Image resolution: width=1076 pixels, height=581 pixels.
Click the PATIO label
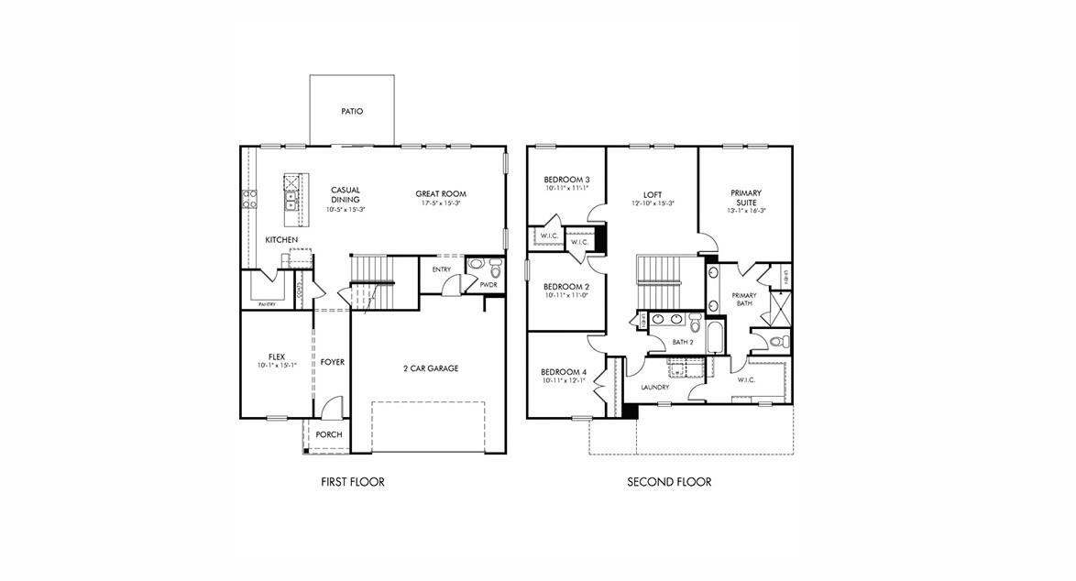pos(352,111)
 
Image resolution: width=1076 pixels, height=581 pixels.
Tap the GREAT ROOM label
pos(441,193)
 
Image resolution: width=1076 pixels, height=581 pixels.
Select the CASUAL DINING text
pos(345,194)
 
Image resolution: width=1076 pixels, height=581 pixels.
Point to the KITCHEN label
pos(281,240)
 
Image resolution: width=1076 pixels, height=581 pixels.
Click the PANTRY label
pos(267,304)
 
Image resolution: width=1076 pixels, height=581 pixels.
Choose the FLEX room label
pos(277,356)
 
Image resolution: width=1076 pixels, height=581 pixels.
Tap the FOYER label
pos(333,362)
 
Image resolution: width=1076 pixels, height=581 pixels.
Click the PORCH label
pos(329,434)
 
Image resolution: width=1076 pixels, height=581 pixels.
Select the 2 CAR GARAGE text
pos(431,368)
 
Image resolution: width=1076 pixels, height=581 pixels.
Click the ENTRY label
pos(442,269)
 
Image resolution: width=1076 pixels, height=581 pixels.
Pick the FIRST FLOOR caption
pos(352,482)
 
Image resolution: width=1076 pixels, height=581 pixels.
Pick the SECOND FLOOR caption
pos(669,482)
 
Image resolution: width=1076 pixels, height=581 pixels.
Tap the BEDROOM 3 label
pos(566,180)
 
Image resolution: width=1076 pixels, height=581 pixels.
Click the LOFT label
pos(653,194)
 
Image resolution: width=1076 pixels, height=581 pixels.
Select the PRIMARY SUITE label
pos(746,198)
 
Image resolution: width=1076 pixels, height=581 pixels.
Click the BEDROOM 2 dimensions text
pos(566,295)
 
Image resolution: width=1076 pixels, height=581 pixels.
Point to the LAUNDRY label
pos(654,388)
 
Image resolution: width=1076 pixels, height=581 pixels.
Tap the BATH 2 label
pos(683,342)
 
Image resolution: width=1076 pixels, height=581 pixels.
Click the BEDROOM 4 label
pos(564,371)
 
